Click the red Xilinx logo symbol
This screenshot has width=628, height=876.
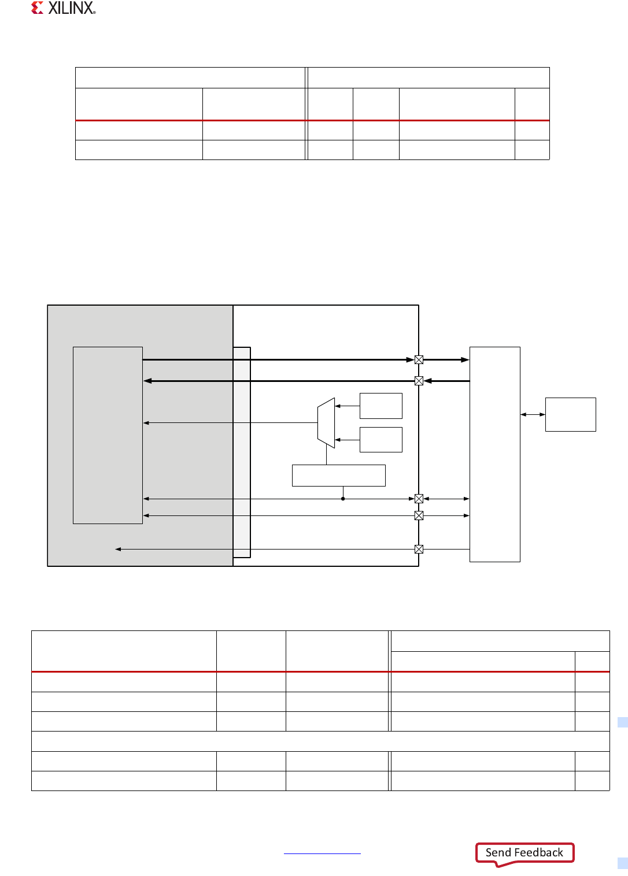point(37,8)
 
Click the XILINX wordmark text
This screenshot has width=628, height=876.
point(71,8)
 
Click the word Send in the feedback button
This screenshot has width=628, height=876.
point(498,852)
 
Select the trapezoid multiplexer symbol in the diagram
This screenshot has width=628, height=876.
point(326,422)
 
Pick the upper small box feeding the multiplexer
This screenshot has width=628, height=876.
point(381,406)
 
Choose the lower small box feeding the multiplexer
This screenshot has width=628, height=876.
point(381,440)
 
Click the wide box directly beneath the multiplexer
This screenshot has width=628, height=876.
point(338,476)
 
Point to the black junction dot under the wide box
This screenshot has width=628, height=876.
point(343,499)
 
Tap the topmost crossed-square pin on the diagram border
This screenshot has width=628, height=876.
point(419,359)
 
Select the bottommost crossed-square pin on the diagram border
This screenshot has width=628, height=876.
point(419,549)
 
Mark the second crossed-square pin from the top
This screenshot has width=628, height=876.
point(419,381)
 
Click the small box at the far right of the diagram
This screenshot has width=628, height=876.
point(570,414)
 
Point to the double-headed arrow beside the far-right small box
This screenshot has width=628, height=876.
point(533,414)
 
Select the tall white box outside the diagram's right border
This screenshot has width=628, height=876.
point(494,454)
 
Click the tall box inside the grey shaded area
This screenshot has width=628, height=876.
point(108,435)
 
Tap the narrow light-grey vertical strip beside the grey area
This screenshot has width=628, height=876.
point(242,452)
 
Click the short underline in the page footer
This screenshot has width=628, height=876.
point(322,853)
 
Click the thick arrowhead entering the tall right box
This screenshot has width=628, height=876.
point(465,359)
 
